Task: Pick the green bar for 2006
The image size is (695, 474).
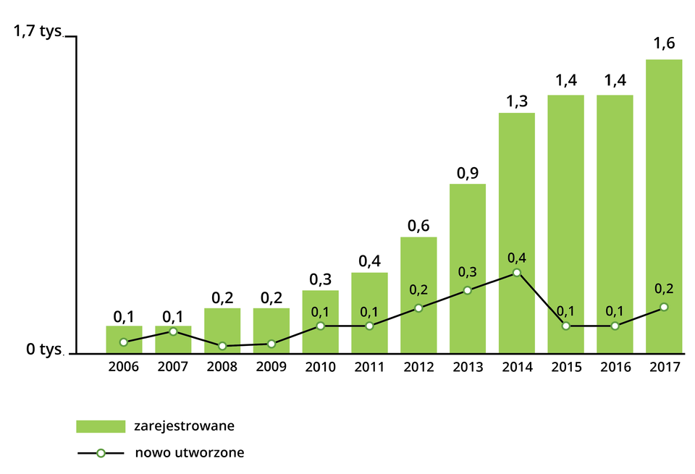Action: (124, 334)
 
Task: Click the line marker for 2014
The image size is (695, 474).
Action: (516, 273)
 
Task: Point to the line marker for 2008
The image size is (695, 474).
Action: (222, 346)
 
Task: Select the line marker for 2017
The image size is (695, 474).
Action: (664, 308)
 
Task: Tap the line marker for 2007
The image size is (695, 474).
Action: (173, 331)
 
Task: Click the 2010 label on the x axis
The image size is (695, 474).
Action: (320, 367)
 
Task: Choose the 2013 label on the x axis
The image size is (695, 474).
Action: (468, 367)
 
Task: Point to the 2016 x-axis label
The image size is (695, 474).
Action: (615, 367)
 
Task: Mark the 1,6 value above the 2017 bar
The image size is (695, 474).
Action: (664, 44)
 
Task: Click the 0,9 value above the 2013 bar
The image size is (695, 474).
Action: (468, 173)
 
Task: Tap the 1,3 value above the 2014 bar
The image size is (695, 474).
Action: (516, 102)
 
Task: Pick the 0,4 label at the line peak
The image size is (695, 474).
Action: (516, 258)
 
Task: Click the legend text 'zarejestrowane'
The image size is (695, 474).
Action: (183, 426)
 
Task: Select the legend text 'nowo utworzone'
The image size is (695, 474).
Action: (189, 453)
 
